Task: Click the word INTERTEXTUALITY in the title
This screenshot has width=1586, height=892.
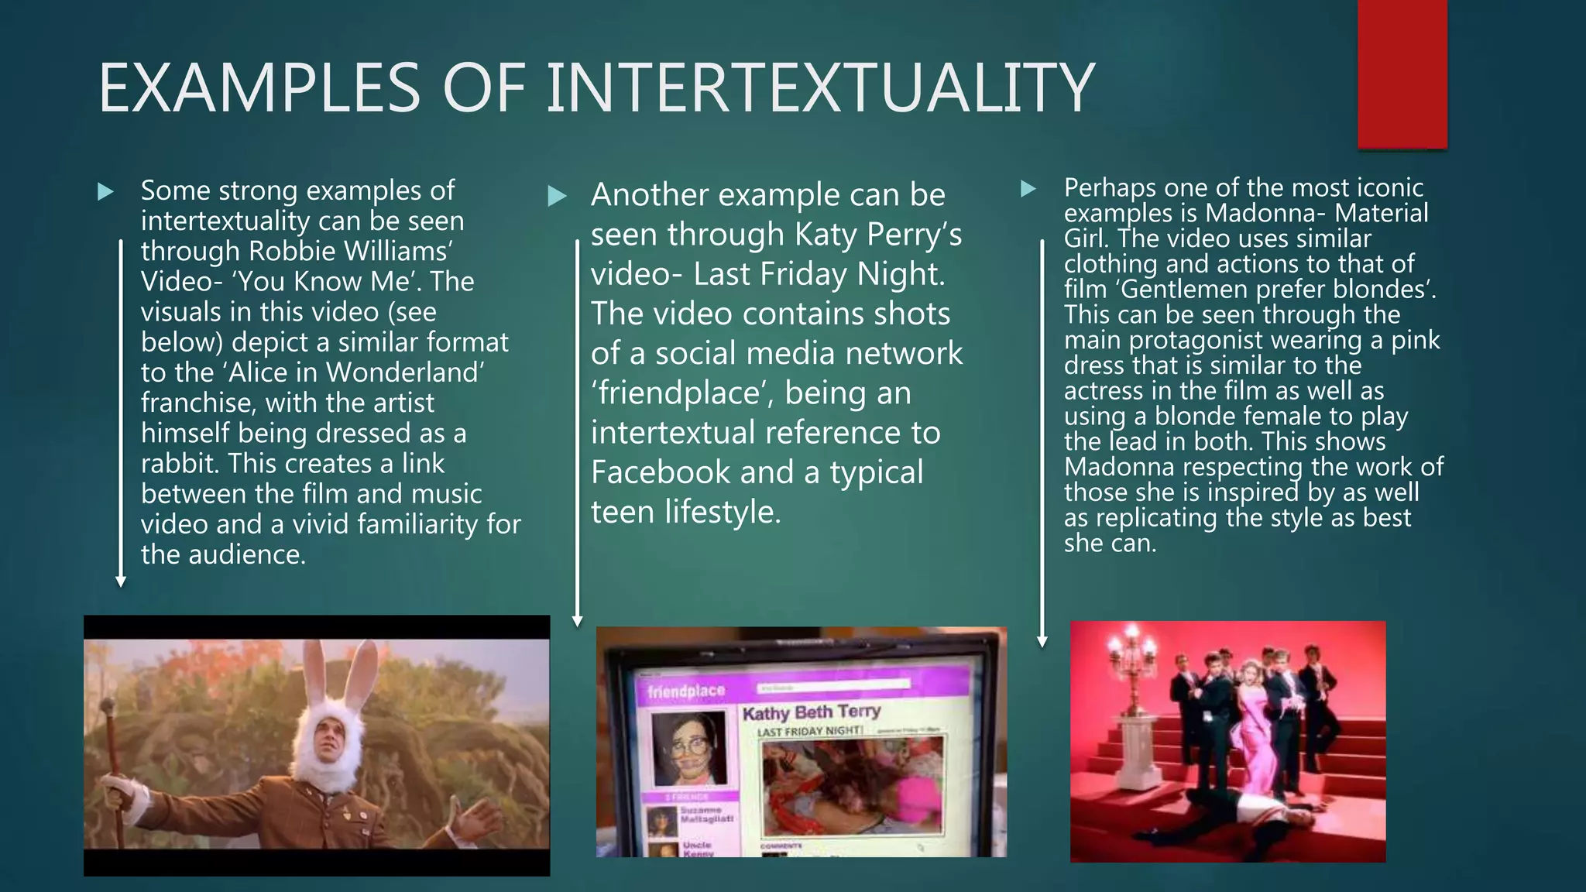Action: pos(820,87)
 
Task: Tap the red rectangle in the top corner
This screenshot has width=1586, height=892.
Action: pos(1402,74)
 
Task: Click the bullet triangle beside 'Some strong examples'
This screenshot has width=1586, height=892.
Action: pos(106,191)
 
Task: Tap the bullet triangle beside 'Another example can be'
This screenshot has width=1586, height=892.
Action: pos(557,196)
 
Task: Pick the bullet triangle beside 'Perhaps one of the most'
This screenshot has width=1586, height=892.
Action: pos(1028,188)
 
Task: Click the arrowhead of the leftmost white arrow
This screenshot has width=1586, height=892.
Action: pos(121,582)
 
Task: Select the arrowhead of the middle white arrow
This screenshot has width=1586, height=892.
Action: pos(577,621)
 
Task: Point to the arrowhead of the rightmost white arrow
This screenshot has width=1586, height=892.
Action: pos(1042,642)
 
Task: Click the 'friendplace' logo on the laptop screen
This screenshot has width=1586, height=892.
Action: pos(686,691)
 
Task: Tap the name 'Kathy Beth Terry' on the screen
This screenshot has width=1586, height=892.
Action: pos(811,712)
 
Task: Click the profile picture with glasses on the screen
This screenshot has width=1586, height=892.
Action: pos(688,749)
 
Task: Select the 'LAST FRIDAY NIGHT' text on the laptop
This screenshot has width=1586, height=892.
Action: pos(808,732)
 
